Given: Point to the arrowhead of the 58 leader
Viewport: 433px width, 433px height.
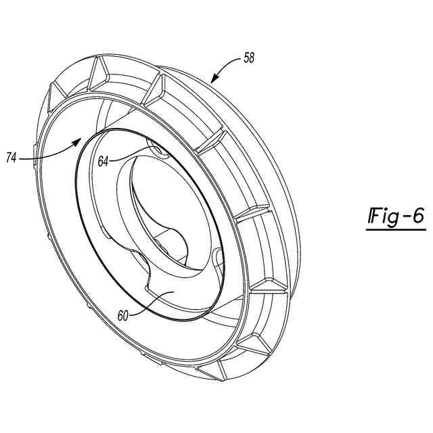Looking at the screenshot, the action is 212,81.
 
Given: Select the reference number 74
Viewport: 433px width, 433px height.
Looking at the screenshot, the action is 12,158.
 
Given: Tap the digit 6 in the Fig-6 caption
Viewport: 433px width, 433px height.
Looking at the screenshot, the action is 417,217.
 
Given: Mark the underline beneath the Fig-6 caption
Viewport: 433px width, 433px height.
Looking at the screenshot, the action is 396,230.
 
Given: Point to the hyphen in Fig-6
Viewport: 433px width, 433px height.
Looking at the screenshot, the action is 404,218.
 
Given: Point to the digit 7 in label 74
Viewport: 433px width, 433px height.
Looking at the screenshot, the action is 8,158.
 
